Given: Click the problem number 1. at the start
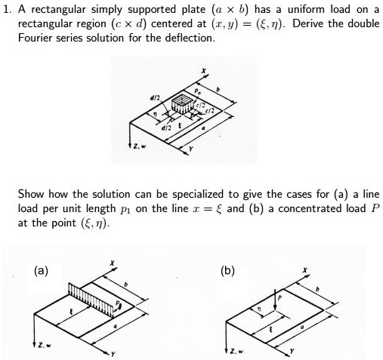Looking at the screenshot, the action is click(x=8, y=10).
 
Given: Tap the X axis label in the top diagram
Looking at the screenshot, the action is click(x=203, y=71).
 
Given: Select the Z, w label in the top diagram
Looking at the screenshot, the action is click(x=139, y=146).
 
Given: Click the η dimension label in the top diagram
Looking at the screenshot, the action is click(x=156, y=114).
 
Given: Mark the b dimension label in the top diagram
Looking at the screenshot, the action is click(x=218, y=89).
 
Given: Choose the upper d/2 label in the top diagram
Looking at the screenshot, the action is click(x=155, y=98).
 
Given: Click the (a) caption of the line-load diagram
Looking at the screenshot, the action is click(x=41, y=271).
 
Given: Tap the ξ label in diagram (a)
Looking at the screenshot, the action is click(x=71, y=312).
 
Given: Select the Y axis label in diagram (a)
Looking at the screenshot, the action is click(x=113, y=354).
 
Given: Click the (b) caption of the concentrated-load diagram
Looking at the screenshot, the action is click(x=227, y=271).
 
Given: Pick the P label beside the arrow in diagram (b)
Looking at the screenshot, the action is click(x=280, y=298).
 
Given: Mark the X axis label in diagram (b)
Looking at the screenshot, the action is click(x=305, y=270).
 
